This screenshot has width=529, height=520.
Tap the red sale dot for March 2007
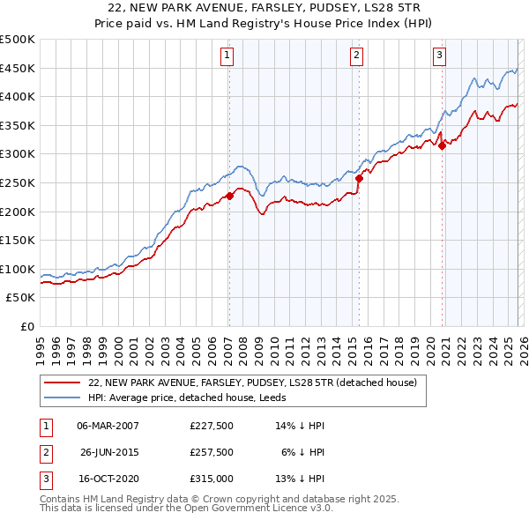pos(229,196)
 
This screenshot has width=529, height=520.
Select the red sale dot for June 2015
pos(359,178)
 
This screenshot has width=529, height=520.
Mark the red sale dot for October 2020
pos(443,146)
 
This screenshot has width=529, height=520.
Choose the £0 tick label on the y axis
pos(26,326)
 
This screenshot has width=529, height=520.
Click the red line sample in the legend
pos(62,383)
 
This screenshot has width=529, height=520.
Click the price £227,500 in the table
pos(211,425)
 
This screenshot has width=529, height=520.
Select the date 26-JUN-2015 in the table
pos(108,451)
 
